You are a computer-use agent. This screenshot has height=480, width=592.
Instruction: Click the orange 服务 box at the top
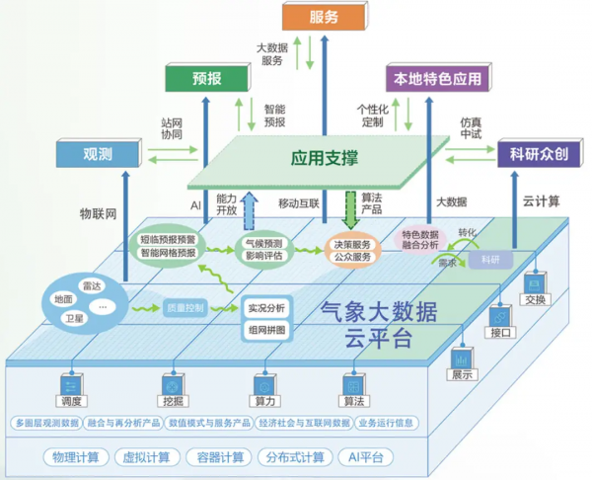(x=323, y=17)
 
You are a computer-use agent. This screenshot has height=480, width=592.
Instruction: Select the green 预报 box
(x=207, y=78)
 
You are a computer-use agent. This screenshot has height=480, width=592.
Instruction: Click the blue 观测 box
(x=98, y=153)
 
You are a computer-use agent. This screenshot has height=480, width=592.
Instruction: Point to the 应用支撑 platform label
(x=324, y=158)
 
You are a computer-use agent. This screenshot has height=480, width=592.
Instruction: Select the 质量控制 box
(x=184, y=309)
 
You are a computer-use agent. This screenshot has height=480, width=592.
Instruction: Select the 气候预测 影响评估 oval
(x=263, y=248)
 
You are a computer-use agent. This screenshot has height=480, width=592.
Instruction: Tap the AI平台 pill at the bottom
(x=364, y=457)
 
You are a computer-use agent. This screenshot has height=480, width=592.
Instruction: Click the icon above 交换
(x=534, y=283)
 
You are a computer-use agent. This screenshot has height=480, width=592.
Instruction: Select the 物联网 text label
(x=98, y=212)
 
